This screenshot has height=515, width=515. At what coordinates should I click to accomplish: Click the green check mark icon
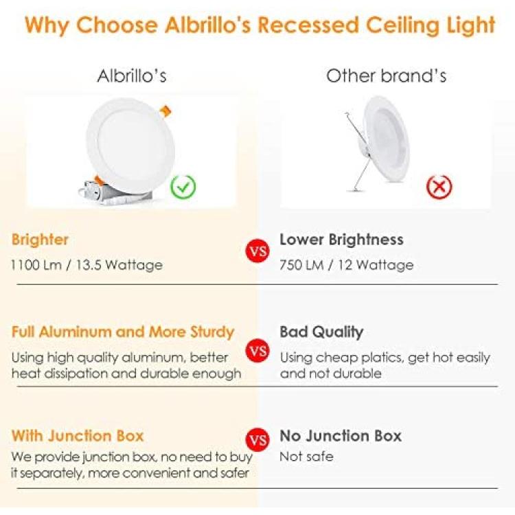click(x=183, y=187)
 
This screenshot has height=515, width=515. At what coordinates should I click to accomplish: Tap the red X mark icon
click(x=439, y=187)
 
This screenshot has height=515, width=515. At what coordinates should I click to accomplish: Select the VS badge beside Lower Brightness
click(x=257, y=251)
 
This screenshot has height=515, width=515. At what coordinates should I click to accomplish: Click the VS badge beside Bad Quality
click(x=257, y=350)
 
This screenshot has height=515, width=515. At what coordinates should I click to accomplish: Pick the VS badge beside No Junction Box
click(x=257, y=439)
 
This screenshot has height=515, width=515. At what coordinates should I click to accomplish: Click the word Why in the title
click(x=47, y=25)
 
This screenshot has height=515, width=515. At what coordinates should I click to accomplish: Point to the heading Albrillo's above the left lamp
click(x=132, y=76)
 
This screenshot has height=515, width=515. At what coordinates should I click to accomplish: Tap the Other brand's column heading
click(x=386, y=76)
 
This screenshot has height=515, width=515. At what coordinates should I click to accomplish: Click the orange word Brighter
click(x=40, y=239)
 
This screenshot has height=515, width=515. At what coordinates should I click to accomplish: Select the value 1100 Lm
click(x=36, y=265)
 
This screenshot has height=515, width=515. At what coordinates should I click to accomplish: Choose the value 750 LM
click(x=301, y=265)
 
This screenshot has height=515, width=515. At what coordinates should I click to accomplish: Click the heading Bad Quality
click(x=321, y=332)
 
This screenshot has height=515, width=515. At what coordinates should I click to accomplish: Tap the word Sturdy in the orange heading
click(x=212, y=332)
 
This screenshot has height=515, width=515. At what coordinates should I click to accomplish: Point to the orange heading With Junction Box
click(x=78, y=436)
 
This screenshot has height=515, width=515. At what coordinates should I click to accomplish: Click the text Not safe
click(x=306, y=457)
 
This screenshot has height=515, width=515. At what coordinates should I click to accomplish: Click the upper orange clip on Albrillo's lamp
click(x=165, y=111)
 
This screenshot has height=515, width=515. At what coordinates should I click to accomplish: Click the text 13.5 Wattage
click(x=119, y=265)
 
